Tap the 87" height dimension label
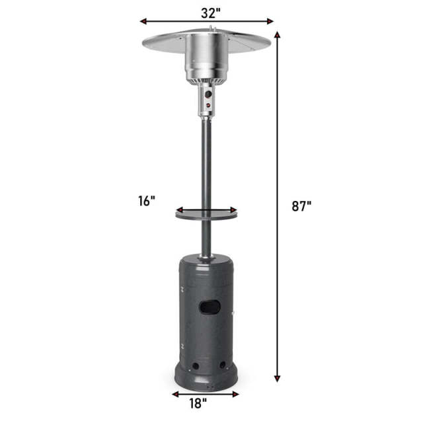pyautogui.click(x=300, y=206)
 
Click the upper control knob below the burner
pyautogui.click(x=208, y=95)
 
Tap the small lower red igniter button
pyautogui.click(x=207, y=105)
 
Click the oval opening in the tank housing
pyautogui.click(x=210, y=307)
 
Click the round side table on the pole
pyautogui.click(x=206, y=213)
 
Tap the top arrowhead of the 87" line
pyautogui.click(x=277, y=34)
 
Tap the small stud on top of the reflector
pyautogui.click(x=212, y=28)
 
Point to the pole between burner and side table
pyautogui.click(x=206, y=159)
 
